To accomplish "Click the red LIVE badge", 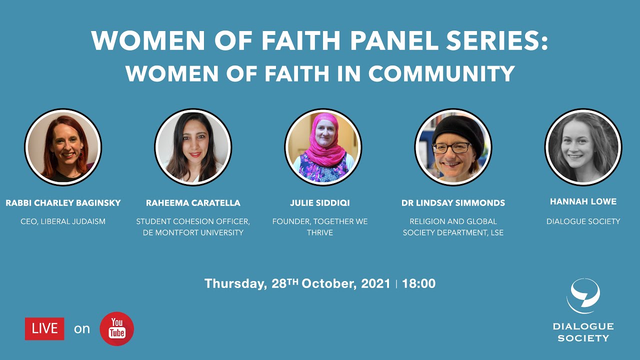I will click(x=44, y=328).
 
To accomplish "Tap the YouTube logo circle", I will click(x=117, y=328).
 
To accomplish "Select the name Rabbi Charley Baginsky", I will click(x=63, y=203).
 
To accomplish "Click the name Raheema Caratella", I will click(x=193, y=203).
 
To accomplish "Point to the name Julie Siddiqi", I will click(x=320, y=203).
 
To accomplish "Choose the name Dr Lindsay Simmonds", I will click(x=453, y=203).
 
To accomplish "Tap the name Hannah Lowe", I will click(x=583, y=201).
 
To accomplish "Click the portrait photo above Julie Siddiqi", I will click(x=323, y=147).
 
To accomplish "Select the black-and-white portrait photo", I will click(x=583, y=147).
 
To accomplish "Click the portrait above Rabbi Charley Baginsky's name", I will click(x=63, y=147).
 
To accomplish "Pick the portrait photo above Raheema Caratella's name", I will click(x=193, y=147).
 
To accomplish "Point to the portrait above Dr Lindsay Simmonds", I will click(x=453, y=147).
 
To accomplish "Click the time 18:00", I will click(x=418, y=283).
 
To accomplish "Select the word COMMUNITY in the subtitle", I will click(x=441, y=74).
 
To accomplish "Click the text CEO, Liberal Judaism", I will click(x=63, y=221).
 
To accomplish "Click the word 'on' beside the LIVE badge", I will click(x=82, y=328).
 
